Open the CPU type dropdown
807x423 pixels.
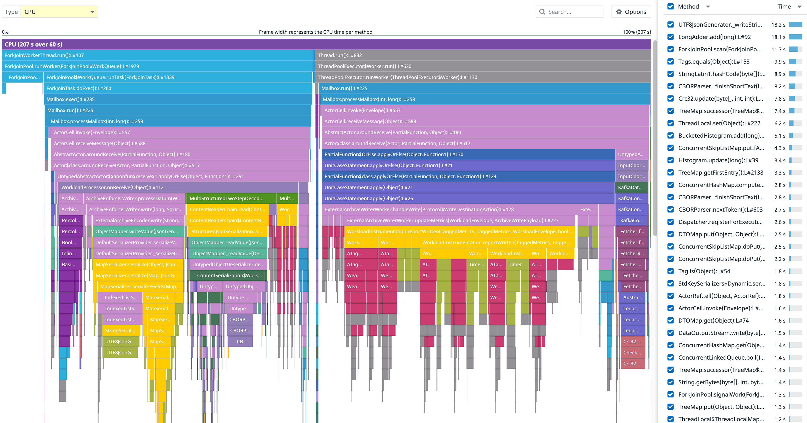click(x=59, y=12)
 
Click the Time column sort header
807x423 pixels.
click(x=785, y=7)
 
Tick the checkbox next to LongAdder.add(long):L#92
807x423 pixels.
click(x=671, y=37)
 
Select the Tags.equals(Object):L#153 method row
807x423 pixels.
click(x=714, y=62)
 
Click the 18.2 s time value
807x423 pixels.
click(x=778, y=25)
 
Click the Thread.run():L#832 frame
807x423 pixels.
click(x=482, y=55)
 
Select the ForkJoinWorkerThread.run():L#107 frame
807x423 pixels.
click(x=157, y=55)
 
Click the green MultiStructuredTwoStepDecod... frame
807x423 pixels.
click(x=231, y=198)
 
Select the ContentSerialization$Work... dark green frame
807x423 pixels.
click(x=229, y=275)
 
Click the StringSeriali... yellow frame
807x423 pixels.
click(x=120, y=330)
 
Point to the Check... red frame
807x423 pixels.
click(x=632, y=353)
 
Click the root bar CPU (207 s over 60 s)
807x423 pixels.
click(x=326, y=44)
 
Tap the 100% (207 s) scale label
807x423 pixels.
click(x=636, y=32)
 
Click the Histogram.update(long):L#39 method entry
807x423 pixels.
click(x=718, y=160)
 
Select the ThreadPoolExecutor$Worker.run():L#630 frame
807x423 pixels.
click(x=482, y=66)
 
